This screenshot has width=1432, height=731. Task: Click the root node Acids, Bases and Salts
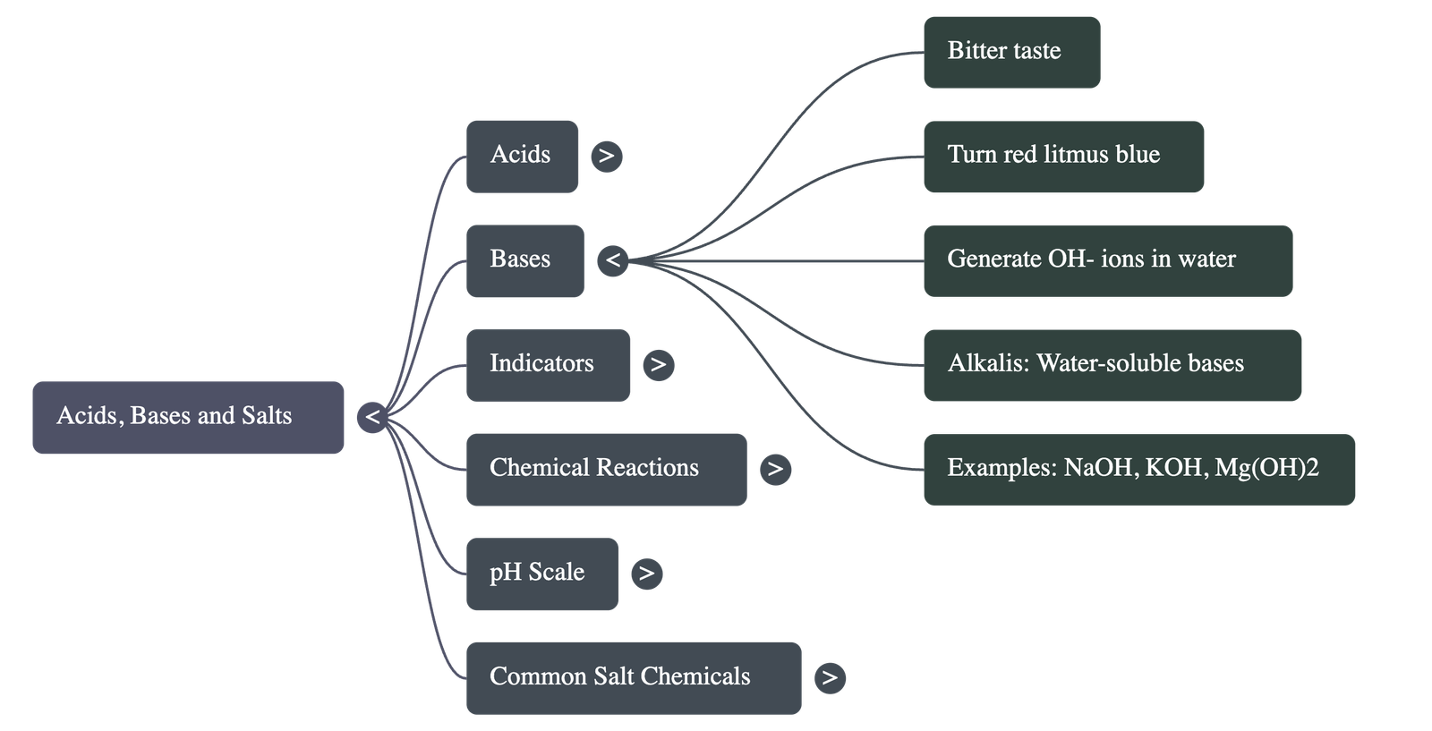188,418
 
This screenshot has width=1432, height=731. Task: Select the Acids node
522,156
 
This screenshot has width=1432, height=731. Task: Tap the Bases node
524,260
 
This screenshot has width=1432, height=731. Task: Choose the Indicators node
548,365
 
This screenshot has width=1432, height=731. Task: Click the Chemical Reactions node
606,470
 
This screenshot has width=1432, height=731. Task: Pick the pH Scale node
541,574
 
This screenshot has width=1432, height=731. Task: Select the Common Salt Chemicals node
633,677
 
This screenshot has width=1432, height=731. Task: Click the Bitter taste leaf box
1011,52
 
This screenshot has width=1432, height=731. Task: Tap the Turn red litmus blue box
1063,157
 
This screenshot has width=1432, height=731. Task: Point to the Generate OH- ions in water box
1107,260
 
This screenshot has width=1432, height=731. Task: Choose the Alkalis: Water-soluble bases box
1112,365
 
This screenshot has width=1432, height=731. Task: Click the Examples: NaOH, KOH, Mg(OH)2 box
1138,470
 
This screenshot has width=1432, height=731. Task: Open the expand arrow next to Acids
607,156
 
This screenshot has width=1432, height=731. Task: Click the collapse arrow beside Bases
613,260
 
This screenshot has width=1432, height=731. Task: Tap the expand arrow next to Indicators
658,364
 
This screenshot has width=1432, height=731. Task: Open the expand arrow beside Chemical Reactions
775,469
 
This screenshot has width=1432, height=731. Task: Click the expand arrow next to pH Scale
646,573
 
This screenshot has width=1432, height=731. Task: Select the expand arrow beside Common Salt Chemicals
830,677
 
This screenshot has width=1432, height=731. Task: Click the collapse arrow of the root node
372,417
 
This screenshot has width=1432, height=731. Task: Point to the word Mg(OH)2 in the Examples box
1266,468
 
